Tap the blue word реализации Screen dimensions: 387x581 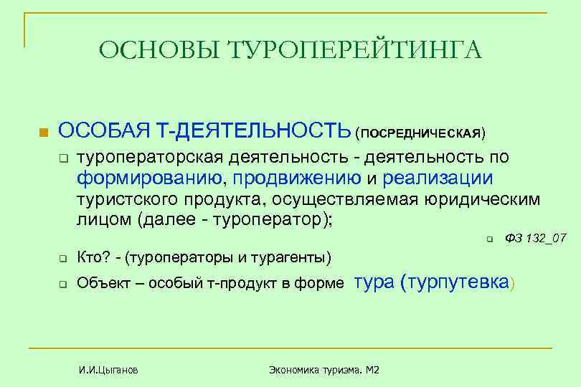438,177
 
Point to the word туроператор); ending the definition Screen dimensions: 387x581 276,219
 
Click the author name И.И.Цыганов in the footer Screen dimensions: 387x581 108,370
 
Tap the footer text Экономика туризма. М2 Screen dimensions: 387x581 323,370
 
